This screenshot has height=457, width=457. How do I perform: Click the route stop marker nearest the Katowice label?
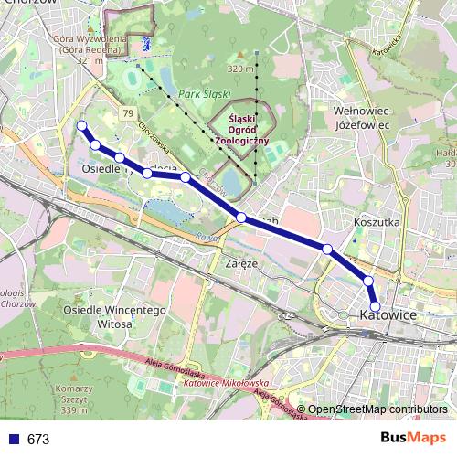coord(376,305)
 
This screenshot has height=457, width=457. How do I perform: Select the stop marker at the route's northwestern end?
coord(82,126)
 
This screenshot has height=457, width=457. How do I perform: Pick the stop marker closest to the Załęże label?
coord(241,218)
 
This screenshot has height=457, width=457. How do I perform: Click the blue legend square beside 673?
coord(14,440)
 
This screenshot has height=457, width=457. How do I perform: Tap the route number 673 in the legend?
coord(38,440)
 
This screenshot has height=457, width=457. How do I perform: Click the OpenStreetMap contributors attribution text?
coord(377,410)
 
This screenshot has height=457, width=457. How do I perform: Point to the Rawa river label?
coord(205,236)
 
